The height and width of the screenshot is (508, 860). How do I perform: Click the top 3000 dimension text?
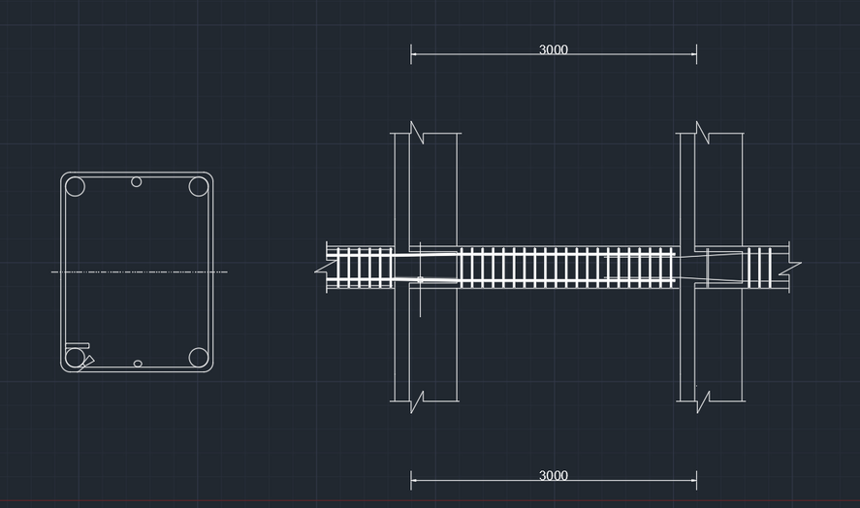554,49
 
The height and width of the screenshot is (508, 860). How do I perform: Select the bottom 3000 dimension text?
554,475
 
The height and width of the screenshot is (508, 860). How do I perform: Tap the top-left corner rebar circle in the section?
75,186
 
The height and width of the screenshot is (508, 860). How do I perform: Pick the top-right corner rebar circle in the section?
199,186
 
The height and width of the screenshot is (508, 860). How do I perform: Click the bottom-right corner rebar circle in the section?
199,358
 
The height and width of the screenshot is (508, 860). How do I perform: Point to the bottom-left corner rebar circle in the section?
75,358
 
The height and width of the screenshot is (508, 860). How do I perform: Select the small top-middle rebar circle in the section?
137,181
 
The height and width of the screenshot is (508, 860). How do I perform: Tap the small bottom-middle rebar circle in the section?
138,364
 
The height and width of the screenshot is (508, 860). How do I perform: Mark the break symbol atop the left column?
417,133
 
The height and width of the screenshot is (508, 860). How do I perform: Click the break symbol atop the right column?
703,133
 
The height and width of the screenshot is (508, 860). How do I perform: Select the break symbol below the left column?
417,401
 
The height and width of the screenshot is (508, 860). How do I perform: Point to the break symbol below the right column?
703,401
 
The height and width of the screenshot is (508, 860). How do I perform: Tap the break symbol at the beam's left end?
326,268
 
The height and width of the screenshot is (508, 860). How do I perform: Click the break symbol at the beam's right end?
790,268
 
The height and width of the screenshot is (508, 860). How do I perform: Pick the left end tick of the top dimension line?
411,54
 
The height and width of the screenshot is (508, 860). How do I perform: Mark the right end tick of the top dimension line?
696,54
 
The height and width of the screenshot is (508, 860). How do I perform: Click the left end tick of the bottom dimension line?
411,480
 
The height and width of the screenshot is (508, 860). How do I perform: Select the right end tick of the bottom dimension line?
696,480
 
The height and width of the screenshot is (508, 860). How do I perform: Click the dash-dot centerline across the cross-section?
140,271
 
